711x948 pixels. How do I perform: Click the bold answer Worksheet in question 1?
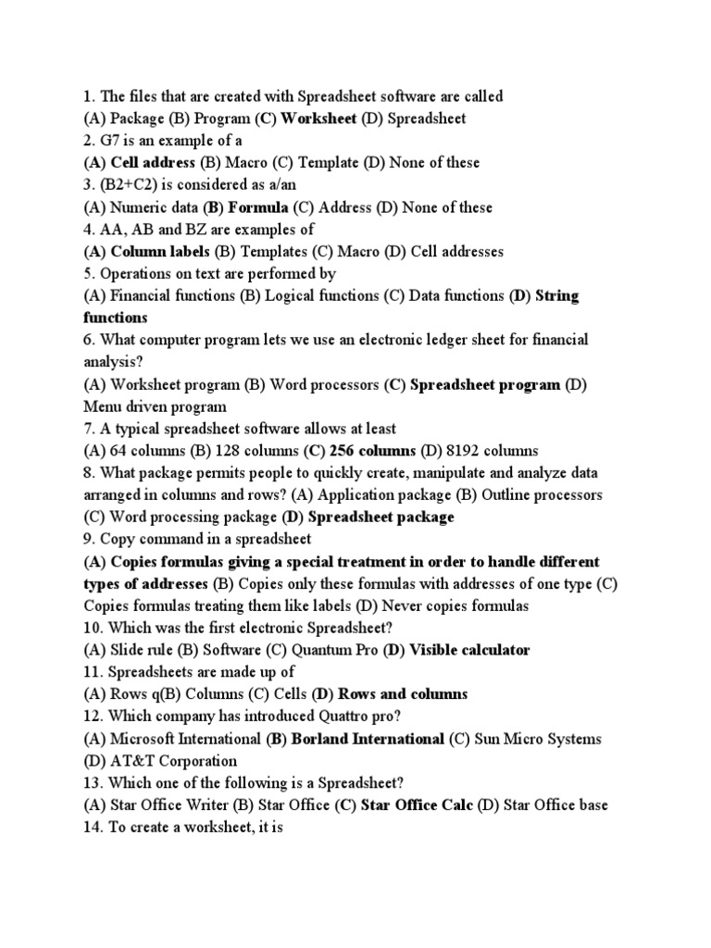coord(318,118)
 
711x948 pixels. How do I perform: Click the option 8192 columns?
coord(491,452)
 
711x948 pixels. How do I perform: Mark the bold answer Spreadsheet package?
coord(380,518)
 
